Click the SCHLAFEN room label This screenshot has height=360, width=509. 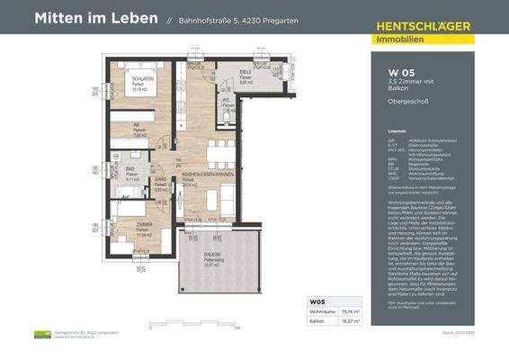(142, 78)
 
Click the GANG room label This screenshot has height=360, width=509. (160, 179)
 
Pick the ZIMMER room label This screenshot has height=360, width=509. (142, 223)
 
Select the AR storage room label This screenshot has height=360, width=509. (138, 126)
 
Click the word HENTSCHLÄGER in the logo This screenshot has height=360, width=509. (422, 26)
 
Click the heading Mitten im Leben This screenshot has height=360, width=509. (95, 19)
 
